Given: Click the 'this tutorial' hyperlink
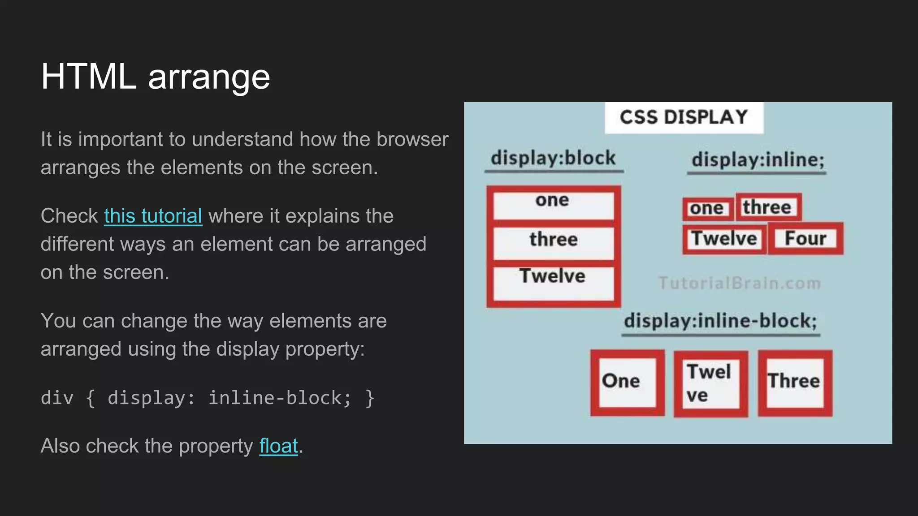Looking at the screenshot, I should click(153, 216).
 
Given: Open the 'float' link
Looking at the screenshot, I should click(278, 446).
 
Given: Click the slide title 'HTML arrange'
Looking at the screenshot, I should click(155, 76).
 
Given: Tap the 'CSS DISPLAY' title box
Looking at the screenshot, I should click(684, 117).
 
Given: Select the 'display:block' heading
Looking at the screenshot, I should click(553, 158).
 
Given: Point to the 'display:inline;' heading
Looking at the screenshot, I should click(758, 160).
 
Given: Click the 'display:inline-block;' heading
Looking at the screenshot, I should click(720, 321).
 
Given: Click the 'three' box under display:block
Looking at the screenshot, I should click(553, 242).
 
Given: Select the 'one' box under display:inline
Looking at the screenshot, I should click(707, 208).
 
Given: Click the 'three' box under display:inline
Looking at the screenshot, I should click(767, 207).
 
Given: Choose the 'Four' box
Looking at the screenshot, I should click(805, 238).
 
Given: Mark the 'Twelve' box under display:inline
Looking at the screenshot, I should click(724, 239).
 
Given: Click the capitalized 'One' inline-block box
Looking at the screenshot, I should click(627, 382).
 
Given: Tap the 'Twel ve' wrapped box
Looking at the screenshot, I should click(710, 384).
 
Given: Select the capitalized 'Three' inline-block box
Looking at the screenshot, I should click(794, 382).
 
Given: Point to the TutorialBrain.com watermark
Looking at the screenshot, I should click(740, 283).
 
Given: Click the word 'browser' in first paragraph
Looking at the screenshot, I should click(412, 139).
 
